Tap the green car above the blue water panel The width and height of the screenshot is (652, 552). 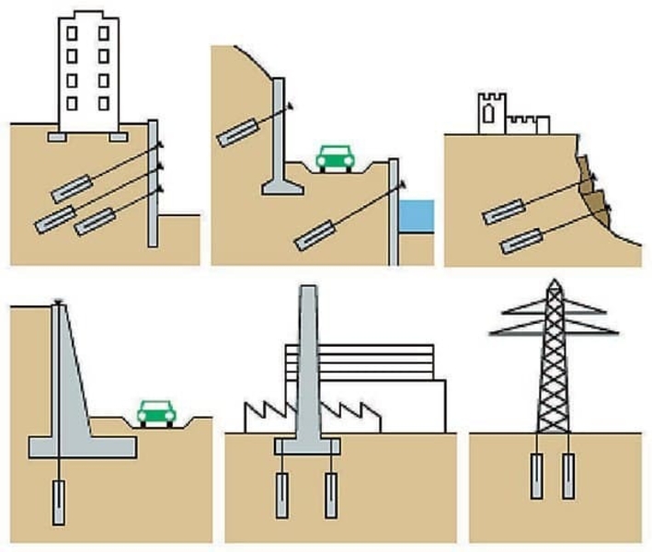(x=335, y=158)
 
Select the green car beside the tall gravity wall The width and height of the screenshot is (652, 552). (x=156, y=413)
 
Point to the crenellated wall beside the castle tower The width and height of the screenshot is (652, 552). (x=529, y=123)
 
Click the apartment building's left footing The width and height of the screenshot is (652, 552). (x=54, y=137)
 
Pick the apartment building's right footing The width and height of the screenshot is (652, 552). (x=118, y=137)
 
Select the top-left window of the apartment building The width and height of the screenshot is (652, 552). (x=71, y=33)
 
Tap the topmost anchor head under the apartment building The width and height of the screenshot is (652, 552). (x=160, y=144)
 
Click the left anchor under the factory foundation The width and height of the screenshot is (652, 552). (x=281, y=495)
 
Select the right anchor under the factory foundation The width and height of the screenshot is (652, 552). (x=331, y=495)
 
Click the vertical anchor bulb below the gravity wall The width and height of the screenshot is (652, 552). (x=59, y=502)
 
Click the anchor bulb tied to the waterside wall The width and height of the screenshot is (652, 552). (x=312, y=234)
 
